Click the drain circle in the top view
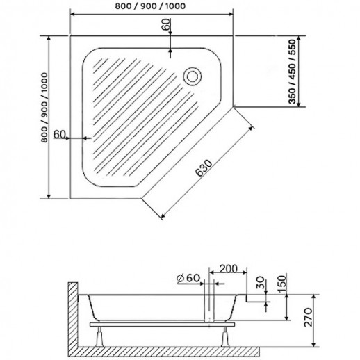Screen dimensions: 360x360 pos(192,76)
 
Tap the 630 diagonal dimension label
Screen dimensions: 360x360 pos(204,167)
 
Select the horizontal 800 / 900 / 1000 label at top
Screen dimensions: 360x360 pos(150,6)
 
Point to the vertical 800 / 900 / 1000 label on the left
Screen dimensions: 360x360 pos(44,107)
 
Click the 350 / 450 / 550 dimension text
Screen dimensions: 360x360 pos(292,72)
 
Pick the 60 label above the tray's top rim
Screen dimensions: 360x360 pos(167,24)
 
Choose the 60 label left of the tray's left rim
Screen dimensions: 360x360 pos(60,134)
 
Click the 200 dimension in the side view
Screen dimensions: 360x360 pos(229,269)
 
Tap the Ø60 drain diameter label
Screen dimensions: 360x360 pos(188,278)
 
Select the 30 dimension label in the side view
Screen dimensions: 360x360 pos(261,282)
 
